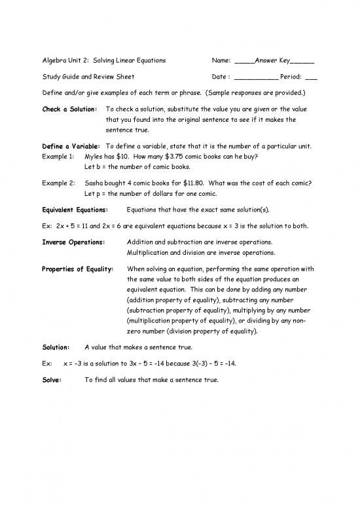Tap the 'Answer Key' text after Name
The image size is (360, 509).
[275, 60]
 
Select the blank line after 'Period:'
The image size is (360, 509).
[311, 76]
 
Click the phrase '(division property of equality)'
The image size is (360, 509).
[206, 331]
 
